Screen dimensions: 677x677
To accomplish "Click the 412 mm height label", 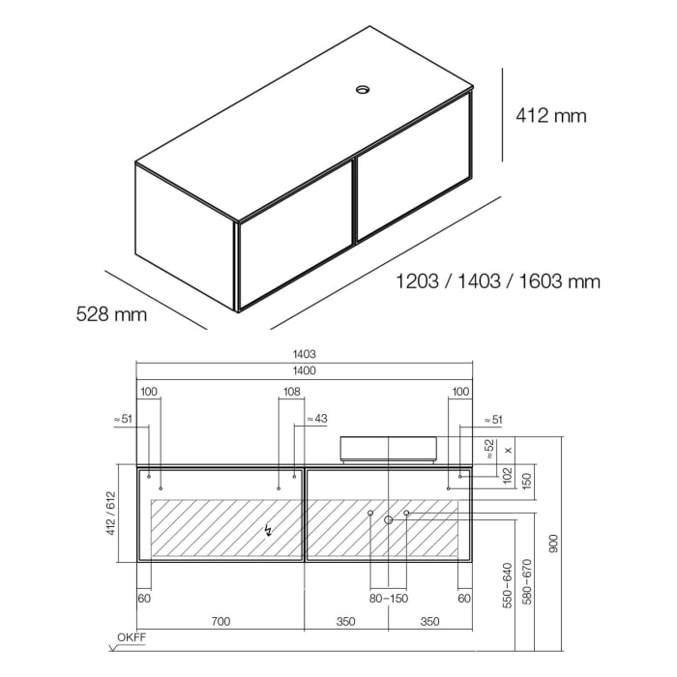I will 551,116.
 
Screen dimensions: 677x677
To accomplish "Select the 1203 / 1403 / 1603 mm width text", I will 498,281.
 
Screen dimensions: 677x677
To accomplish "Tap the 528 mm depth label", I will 111,314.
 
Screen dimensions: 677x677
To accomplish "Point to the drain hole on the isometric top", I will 363,91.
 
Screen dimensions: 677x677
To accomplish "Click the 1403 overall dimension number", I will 305,355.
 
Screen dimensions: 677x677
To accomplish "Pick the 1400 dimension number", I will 305,370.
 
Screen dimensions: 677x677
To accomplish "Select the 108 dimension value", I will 291,392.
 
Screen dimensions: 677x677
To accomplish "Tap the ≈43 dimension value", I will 316,419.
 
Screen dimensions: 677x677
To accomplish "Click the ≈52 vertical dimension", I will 488,449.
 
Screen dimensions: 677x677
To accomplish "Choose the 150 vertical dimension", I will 526,479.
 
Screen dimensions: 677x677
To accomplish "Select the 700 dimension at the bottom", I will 221,622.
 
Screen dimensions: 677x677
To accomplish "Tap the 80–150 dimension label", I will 388,599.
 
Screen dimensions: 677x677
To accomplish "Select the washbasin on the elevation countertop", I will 388,448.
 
